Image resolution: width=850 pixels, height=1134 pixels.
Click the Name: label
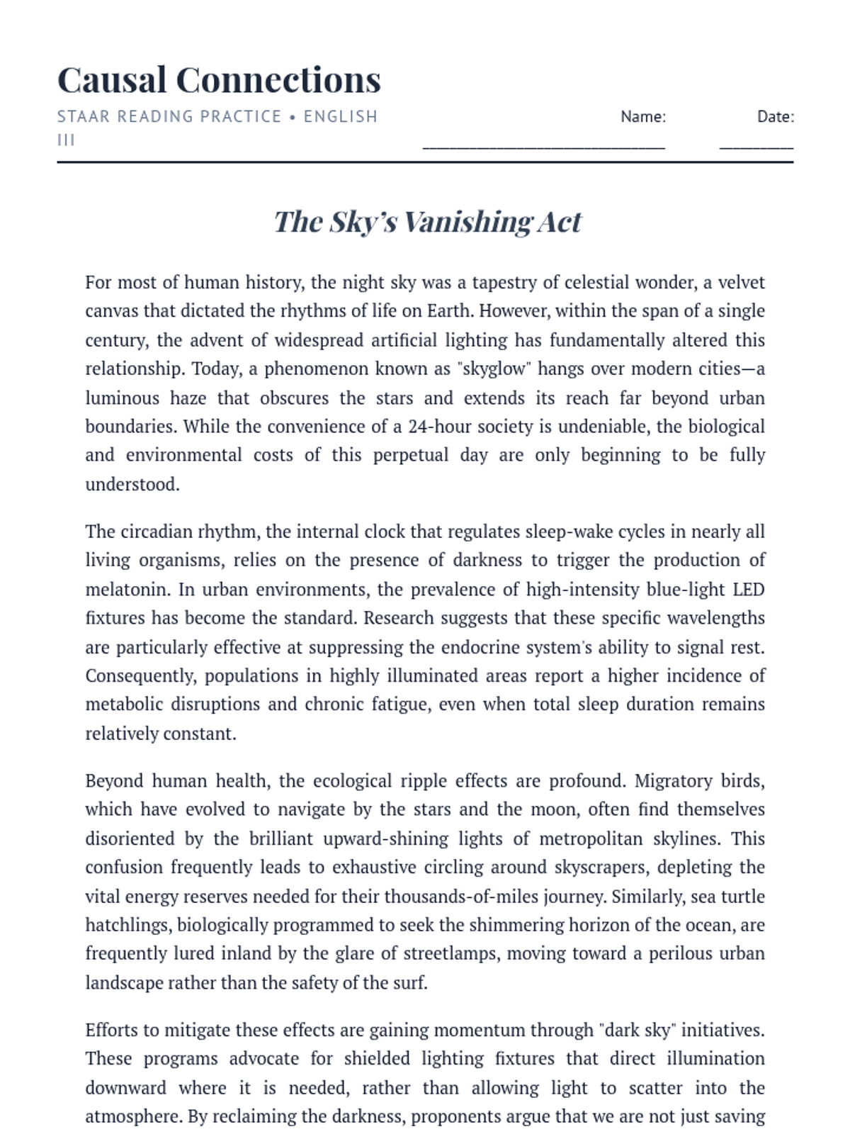(643, 117)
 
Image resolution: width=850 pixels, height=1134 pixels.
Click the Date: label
(776, 117)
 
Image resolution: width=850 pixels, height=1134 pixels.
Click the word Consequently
(140, 676)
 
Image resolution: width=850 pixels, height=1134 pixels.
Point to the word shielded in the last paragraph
(379, 1059)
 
